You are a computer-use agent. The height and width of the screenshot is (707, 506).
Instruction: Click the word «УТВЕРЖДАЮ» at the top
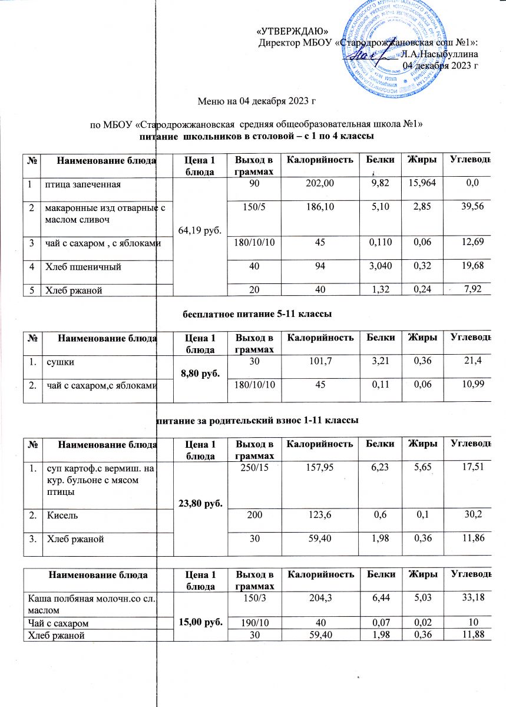[293, 31]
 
